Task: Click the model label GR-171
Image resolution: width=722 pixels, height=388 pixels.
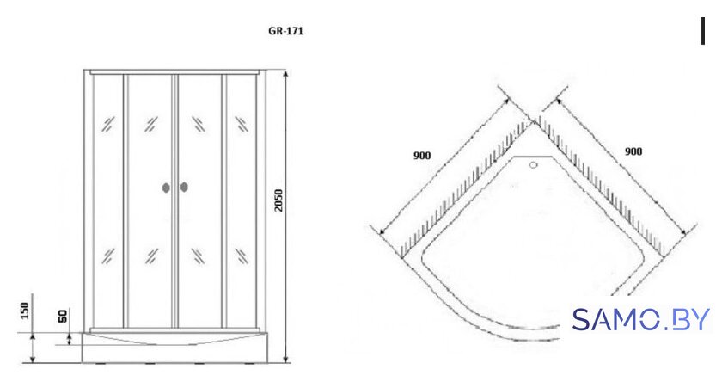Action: (286, 31)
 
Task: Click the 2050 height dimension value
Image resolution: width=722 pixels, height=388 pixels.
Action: (278, 200)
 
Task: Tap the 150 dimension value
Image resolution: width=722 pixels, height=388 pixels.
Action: (25, 311)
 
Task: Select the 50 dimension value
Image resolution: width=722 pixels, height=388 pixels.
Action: (63, 316)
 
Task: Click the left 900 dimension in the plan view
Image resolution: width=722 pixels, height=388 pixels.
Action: (422, 156)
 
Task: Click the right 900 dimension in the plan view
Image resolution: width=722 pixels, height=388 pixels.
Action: (633, 151)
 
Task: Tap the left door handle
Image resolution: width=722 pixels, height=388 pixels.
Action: (166, 188)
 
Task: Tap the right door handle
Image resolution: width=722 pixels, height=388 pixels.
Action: (184, 187)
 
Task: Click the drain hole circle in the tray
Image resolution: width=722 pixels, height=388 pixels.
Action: (534, 164)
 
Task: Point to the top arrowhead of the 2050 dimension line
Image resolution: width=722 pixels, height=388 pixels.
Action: (286, 75)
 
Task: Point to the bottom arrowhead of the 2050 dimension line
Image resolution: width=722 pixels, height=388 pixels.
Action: (286, 358)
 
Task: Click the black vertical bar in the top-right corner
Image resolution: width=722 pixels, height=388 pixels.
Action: (703, 31)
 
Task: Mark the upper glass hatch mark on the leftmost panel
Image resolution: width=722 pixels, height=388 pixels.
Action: (108, 124)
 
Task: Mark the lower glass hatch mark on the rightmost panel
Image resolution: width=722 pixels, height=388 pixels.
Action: (242, 256)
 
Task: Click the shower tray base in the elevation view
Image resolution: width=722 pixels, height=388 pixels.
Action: (174, 347)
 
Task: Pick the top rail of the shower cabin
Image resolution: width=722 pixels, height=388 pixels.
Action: (174, 72)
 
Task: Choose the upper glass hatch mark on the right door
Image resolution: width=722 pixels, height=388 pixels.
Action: (199, 124)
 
